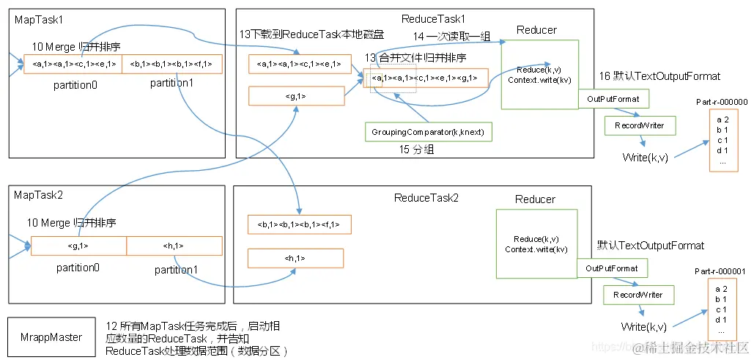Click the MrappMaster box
pos(51,337)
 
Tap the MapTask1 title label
pos(34,19)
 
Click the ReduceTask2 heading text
pos(426,198)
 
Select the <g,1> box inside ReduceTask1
pos(296,95)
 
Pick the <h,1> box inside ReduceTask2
pos(295,258)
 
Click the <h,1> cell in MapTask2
pos(174,246)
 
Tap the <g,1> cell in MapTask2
pos(78,246)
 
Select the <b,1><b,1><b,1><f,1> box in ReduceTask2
pos(299,224)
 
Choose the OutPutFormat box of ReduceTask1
pos(613,99)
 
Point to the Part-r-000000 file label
pos(722,103)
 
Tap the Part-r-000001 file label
pos(720,272)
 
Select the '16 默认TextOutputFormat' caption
pos(659,76)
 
